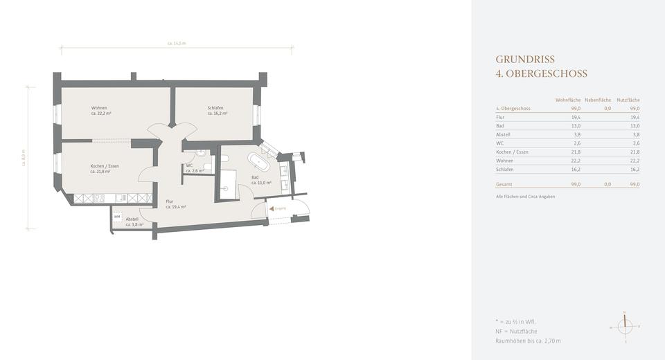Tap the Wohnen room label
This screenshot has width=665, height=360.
coord(99,111)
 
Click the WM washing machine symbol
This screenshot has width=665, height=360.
coord(117,217)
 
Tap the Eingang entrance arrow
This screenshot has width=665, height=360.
coord(272,207)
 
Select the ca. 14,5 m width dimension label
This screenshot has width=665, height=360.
coord(177,44)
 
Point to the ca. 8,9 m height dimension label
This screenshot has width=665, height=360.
coord(24,158)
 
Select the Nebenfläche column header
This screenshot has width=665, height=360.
coord(598,100)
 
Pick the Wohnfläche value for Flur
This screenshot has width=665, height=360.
coord(576,118)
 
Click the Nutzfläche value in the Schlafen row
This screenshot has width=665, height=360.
coord(635,170)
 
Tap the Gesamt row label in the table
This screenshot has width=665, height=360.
coord(504,185)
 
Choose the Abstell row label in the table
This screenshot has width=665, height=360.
coord(504,135)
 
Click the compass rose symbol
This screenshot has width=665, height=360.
coord(625,326)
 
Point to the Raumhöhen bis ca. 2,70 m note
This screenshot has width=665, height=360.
coord(528,341)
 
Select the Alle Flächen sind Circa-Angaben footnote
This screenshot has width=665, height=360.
coord(525,197)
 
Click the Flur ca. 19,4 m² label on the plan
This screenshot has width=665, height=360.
coord(175,204)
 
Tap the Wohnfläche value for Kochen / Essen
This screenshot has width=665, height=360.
coord(576,152)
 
